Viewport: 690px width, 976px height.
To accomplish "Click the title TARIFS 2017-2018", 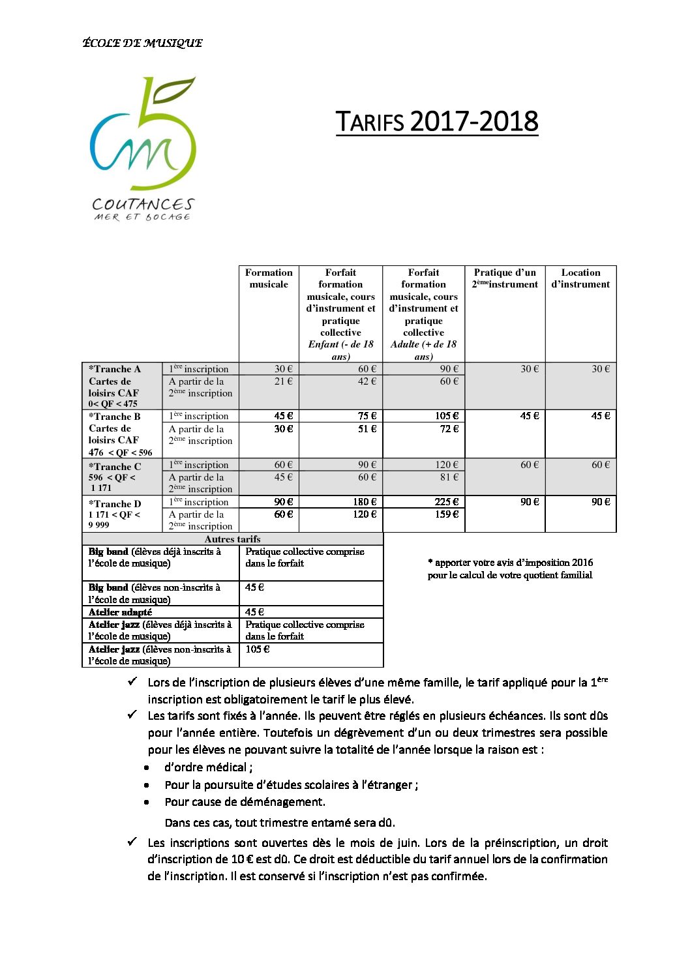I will [x=437, y=122].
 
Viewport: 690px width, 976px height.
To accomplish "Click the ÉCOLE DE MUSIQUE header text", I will [x=142, y=43].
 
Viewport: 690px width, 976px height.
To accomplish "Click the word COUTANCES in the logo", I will [x=143, y=205].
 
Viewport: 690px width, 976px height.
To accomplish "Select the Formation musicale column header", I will [x=269, y=278].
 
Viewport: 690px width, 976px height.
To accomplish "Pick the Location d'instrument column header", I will [x=580, y=278].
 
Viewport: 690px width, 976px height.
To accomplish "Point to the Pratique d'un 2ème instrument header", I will [x=505, y=278].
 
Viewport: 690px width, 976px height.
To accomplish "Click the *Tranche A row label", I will [x=115, y=369].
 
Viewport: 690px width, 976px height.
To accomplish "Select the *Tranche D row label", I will [x=115, y=504].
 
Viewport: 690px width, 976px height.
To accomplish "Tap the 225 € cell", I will [x=447, y=502].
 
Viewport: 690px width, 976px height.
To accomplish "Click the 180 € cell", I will [x=365, y=502].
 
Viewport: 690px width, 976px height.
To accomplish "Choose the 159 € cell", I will [x=447, y=514].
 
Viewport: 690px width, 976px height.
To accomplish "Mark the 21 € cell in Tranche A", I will [x=284, y=381].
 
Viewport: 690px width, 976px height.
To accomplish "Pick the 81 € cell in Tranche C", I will [x=449, y=477].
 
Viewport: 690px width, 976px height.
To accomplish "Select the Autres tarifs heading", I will [x=232, y=539].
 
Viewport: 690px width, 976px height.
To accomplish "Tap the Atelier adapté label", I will [x=121, y=612].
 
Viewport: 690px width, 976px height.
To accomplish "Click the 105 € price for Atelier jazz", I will [x=258, y=649].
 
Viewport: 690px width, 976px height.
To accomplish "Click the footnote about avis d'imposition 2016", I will [x=510, y=569].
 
